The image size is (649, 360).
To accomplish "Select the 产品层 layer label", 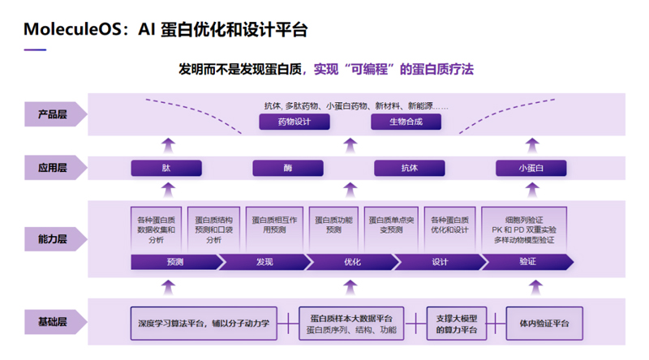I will pyautogui.click(x=52, y=114).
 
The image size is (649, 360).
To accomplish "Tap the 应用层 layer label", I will pyautogui.click(x=52, y=169).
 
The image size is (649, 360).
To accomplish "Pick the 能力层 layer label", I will pyautogui.click(x=52, y=239).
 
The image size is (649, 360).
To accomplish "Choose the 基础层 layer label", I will pyautogui.click(x=52, y=322).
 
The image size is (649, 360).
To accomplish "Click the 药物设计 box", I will pyautogui.click(x=294, y=122).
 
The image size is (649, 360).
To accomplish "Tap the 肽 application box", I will pyautogui.click(x=166, y=169).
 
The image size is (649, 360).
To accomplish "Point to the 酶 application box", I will pyautogui.click(x=288, y=169).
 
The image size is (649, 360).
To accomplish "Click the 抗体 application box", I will pyautogui.click(x=409, y=169).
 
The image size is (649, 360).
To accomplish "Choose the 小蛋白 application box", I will pyautogui.click(x=531, y=169).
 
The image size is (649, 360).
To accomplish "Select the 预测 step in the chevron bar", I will pyautogui.click(x=174, y=262).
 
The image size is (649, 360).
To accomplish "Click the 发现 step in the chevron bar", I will pyautogui.click(x=264, y=262).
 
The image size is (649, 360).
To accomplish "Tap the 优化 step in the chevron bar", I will pyautogui.click(x=352, y=262).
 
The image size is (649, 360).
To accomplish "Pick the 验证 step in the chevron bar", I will pyautogui.click(x=527, y=262).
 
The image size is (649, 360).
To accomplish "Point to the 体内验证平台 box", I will pyautogui.click(x=544, y=323).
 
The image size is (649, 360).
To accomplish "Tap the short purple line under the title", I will pyautogui.click(x=35, y=49).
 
